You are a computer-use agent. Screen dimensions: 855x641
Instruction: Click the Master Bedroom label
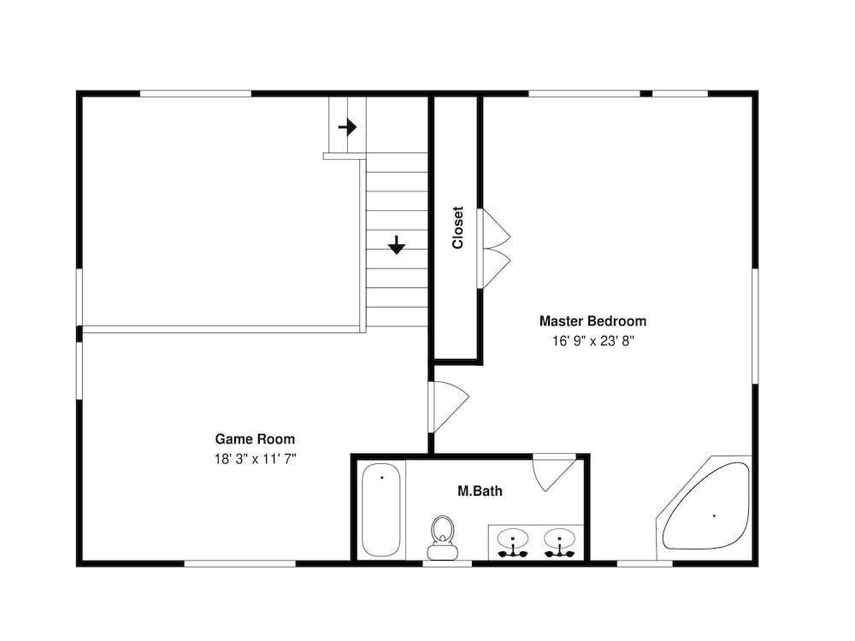[593, 321]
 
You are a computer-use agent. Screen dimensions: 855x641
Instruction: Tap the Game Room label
[255, 438]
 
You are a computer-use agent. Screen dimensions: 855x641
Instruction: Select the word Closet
[457, 227]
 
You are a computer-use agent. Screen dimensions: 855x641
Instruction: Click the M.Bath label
[480, 491]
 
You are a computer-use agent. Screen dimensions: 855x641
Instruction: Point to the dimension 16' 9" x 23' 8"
[593, 341]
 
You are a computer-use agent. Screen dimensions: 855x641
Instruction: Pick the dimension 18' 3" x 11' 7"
[255, 459]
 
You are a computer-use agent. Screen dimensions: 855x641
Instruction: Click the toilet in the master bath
[442, 538]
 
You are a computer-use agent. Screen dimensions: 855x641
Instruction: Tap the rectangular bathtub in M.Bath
[381, 509]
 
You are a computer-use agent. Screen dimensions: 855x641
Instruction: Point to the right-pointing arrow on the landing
[347, 127]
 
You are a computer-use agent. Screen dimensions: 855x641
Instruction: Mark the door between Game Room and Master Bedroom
[448, 407]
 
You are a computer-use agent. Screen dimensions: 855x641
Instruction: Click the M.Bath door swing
[554, 472]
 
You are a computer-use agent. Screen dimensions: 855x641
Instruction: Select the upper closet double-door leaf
[494, 228]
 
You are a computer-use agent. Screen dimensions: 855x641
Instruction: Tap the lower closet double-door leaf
[494, 268]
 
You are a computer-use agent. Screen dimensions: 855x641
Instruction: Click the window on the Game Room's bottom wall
[240, 563]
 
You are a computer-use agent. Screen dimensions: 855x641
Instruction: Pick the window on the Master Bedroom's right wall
[755, 326]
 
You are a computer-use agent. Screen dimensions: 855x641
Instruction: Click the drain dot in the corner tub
[714, 515]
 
